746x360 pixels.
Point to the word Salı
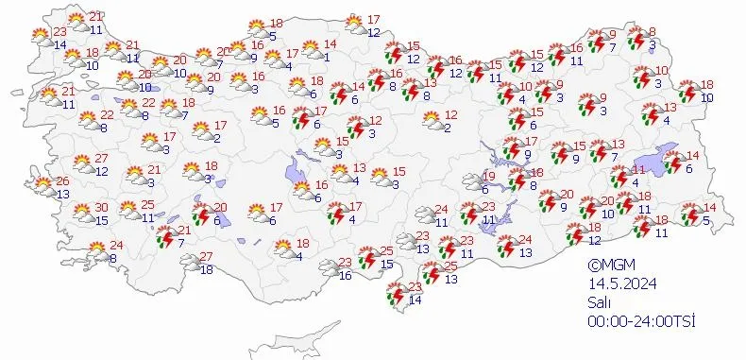point(598,303)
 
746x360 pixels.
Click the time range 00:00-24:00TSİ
point(640,322)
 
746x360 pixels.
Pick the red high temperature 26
point(62,180)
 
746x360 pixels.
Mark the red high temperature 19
point(489,177)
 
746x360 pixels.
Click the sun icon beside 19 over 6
point(469,181)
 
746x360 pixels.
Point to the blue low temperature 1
point(326,58)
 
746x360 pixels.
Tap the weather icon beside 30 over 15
point(81,214)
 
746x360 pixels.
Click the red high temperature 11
point(637,170)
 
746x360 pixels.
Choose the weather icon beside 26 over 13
point(43,185)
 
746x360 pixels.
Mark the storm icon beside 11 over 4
point(619,177)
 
